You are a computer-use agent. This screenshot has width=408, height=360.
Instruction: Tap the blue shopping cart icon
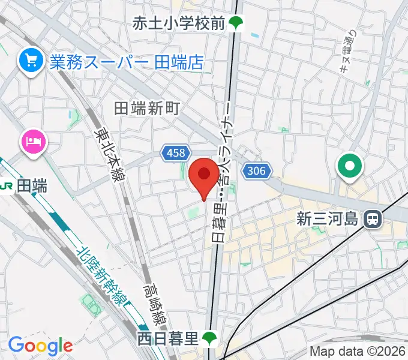point(28,60)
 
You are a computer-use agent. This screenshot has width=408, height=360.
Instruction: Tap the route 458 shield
point(176,153)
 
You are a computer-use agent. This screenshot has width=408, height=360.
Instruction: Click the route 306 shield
point(256,171)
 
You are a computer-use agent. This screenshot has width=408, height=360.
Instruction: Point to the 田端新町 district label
point(147,108)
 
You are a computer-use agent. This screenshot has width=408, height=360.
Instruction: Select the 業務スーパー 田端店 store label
point(127,61)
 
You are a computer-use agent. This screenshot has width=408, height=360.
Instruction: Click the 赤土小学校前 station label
point(179,23)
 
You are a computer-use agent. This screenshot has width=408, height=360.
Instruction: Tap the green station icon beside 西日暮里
point(209,338)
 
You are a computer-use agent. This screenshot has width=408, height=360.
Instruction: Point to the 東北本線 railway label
point(109,152)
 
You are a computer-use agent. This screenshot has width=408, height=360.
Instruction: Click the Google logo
point(40,346)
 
